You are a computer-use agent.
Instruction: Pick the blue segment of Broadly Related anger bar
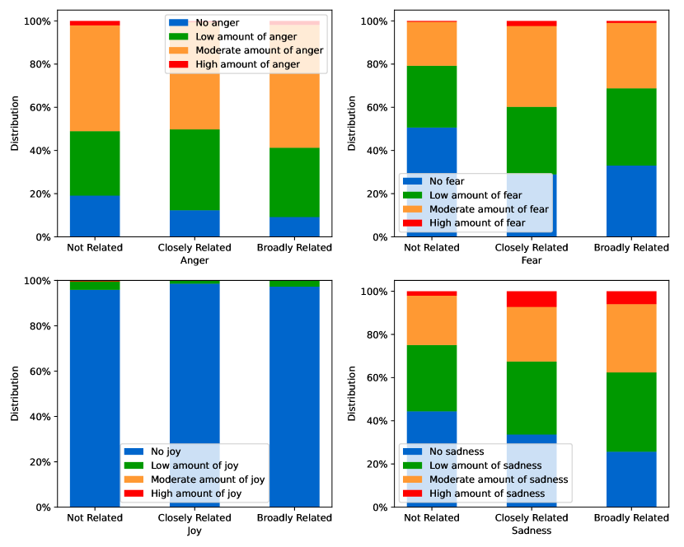294,227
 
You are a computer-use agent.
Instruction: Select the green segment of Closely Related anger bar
194,170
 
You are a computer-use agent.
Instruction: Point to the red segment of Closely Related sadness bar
532,299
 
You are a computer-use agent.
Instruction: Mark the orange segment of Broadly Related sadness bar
631,339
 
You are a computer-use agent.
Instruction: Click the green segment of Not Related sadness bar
432,378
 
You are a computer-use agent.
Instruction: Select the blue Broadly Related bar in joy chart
294,395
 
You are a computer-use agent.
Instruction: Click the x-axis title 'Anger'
194,260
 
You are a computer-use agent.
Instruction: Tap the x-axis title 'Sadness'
532,531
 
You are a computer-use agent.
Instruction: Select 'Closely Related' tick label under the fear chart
532,247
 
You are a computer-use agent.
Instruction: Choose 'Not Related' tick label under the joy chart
95,518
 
